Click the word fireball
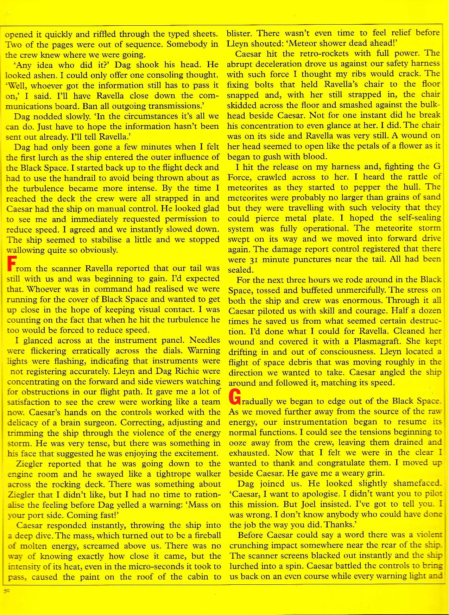204,535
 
